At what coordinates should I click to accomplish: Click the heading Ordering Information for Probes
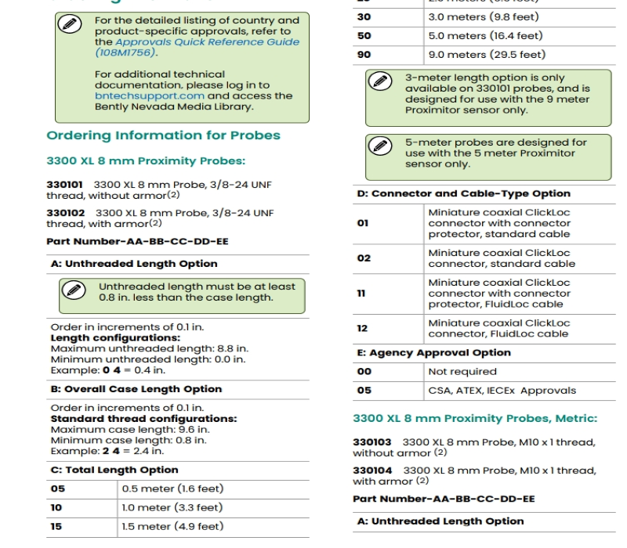pyautogui.click(x=163, y=135)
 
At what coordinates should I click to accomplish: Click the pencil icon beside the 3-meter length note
pyautogui.click(x=382, y=81)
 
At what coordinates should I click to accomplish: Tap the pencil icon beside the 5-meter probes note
pyautogui.click(x=382, y=146)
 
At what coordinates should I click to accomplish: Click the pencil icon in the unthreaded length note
pyautogui.click(x=74, y=290)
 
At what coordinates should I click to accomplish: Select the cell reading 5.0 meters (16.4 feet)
pyautogui.click(x=485, y=36)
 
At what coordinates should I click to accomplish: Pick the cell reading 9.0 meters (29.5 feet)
pyautogui.click(x=485, y=55)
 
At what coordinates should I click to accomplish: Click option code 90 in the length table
pyautogui.click(x=364, y=55)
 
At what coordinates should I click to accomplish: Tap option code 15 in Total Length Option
pyautogui.click(x=57, y=527)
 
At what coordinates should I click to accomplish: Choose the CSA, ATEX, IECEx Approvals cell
pyautogui.click(x=502, y=391)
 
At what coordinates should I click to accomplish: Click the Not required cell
pyautogui.click(x=462, y=372)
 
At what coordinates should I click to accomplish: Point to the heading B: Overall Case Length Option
pyautogui.click(x=136, y=389)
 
